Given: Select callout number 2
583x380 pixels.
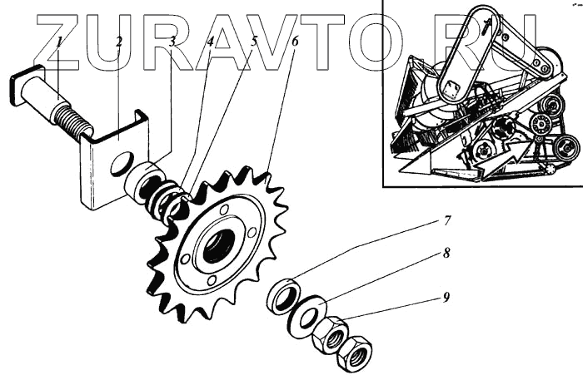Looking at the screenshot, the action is pyautogui.click(x=119, y=41).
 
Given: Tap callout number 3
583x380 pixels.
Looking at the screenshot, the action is pyautogui.click(x=172, y=41).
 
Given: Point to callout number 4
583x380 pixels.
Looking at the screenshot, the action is pyautogui.click(x=211, y=41).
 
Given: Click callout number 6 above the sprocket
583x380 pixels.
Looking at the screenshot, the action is pyautogui.click(x=294, y=41).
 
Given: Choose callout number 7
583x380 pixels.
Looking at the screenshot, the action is pyautogui.click(x=447, y=221).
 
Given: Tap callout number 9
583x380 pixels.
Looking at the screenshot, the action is pyautogui.click(x=447, y=297).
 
